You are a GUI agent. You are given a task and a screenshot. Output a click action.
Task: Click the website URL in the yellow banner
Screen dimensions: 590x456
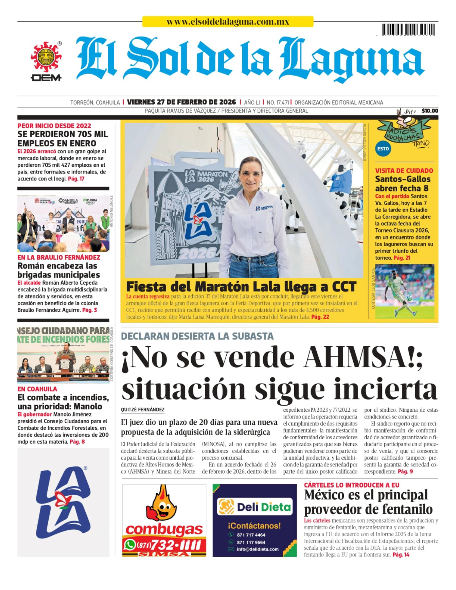(228, 22)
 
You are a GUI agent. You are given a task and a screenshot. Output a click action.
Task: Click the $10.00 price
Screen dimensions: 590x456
(430, 111)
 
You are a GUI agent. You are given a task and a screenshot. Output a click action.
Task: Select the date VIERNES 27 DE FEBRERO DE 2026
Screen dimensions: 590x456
(182, 102)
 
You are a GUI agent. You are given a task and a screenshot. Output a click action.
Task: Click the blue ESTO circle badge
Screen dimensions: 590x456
(383, 149)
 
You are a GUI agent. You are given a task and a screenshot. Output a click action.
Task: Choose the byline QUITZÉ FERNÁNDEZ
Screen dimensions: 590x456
(143, 409)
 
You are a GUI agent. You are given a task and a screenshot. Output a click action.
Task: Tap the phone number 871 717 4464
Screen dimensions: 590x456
(251, 535)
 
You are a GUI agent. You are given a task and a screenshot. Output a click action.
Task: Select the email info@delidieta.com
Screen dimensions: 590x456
(257, 549)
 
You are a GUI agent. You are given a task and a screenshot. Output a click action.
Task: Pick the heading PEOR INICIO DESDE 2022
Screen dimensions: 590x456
(54, 126)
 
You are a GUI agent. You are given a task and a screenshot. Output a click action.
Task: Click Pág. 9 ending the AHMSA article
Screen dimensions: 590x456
(406, 472)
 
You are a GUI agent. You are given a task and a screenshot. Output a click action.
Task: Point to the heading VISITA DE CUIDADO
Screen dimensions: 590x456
(404, 171)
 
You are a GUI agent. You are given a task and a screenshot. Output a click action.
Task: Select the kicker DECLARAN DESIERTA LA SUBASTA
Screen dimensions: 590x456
(197, 336)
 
